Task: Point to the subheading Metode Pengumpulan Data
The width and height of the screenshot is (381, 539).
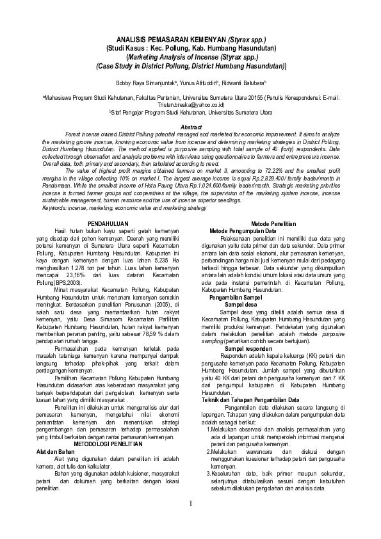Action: point(243,230)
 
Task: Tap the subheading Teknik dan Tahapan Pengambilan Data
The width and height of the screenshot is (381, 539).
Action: point(251,382)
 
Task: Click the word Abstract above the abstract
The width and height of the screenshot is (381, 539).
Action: point(192,127)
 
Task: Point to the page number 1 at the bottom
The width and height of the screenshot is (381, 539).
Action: point(190,521)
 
